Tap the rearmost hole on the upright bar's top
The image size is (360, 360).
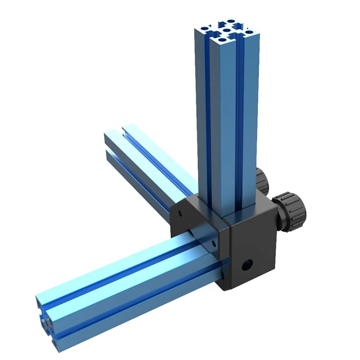click(x=231, y=21)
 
